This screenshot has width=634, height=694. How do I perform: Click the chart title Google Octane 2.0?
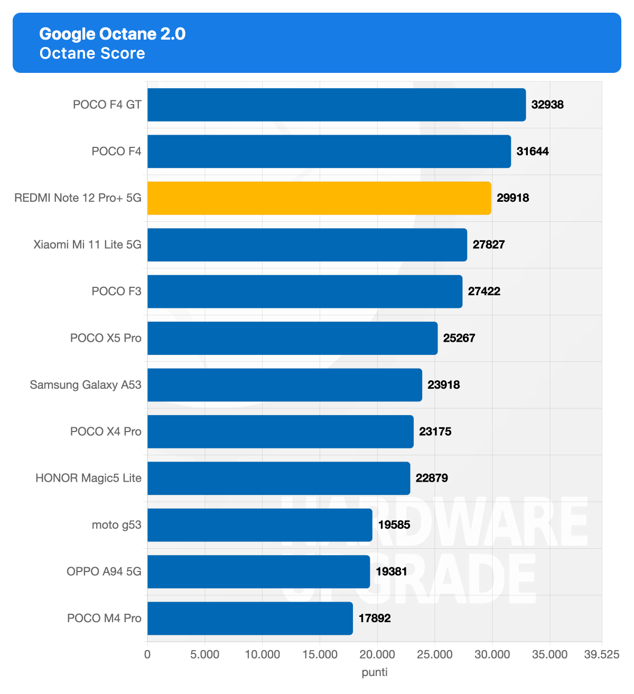tap(113, 34)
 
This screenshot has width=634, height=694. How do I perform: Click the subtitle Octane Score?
tap(92, 53)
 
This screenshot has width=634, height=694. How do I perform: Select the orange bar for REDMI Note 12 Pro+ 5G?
tap(319, 198)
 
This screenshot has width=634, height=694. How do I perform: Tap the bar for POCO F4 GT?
tap(337, 105)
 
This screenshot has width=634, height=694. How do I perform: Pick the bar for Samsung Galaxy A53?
tap(285, 385)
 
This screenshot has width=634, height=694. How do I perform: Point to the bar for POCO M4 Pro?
tap(250, 618)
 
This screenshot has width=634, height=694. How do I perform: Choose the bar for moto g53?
tap(260, 525)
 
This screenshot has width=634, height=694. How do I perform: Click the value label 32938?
tap(547, 105)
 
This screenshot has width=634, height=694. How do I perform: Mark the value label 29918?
tap(512, 198)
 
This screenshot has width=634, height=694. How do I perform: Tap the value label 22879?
tap(432, 478)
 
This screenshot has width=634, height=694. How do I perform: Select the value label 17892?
tap(375, 618)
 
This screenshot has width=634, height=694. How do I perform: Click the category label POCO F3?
tap(116, 292)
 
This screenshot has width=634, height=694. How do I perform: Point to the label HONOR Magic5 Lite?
tap(88, 478)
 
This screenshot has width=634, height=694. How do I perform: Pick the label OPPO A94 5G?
tap(104, 571)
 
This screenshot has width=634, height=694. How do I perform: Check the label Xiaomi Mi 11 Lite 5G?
tap(87, 245)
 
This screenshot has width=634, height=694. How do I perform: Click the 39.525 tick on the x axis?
tap(602, 655)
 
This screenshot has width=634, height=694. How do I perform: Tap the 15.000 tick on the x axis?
tap(320, 655)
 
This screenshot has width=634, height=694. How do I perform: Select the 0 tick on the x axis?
tap(147, 655)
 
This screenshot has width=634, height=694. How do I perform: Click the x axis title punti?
tap(375, 672)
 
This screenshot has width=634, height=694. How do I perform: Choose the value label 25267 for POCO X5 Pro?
tap(459, 338)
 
